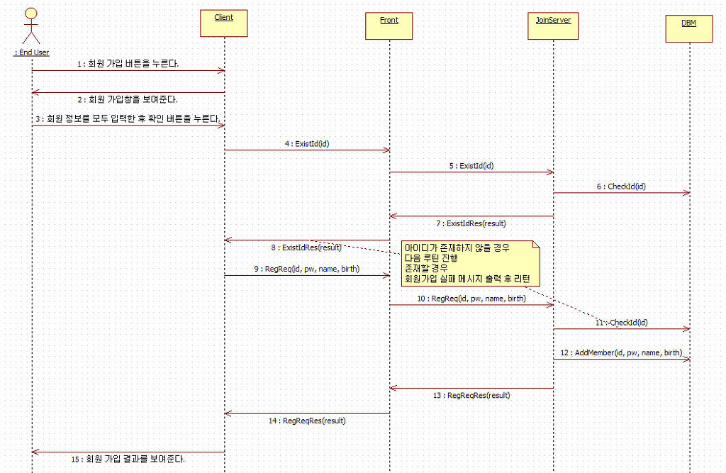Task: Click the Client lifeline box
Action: tap(224, 23)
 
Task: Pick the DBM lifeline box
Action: tap(688, 28)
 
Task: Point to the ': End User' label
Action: tap(32, 52)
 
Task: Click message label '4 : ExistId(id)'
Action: tap(307, 143)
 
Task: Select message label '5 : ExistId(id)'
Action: tap(471, 165)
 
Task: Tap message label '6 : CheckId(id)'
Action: tap(621, 187)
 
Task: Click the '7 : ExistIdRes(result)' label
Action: tap(471, 223)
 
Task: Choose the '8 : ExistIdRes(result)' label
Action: tap(306, 247)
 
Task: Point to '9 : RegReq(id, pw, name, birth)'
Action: tap(306, 269)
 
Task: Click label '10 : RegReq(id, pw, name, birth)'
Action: tap(471, 299)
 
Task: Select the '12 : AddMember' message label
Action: tap(621, 352)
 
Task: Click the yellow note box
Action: tap(470, 262)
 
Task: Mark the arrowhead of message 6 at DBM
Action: tap(686, 193)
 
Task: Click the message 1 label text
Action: tap(128, 64)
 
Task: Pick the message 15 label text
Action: tap(128, 459)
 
